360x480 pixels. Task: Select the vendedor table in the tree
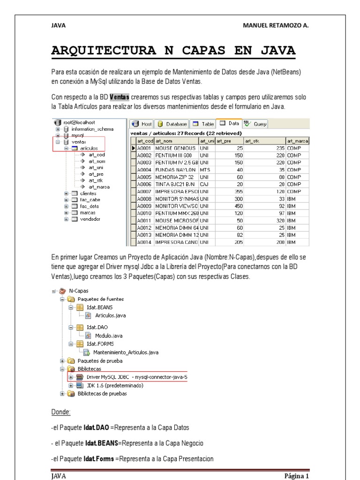click(90, 219)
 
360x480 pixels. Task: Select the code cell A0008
click(145, 199)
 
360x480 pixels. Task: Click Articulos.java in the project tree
click(110, 315)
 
